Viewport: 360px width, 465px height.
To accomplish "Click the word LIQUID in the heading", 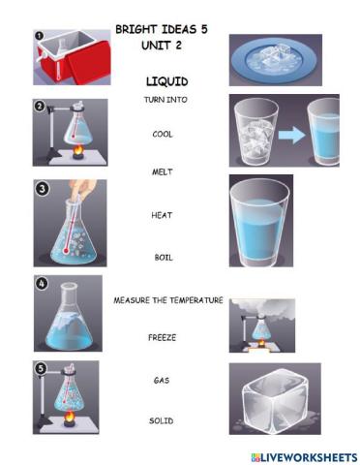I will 165,81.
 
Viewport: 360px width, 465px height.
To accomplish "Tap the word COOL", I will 162,135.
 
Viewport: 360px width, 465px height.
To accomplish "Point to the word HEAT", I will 162,214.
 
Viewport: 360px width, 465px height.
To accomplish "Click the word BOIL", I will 163,258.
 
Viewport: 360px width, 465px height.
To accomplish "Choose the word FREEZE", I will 162,337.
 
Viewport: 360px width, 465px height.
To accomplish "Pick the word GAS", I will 162,381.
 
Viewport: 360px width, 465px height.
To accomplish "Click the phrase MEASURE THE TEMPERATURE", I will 168,300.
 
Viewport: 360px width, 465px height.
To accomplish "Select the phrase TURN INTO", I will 164,100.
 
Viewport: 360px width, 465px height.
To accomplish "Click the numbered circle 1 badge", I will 40,35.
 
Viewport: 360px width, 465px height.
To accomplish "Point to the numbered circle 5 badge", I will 40,369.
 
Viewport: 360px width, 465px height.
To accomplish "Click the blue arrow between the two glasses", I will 291,135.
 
